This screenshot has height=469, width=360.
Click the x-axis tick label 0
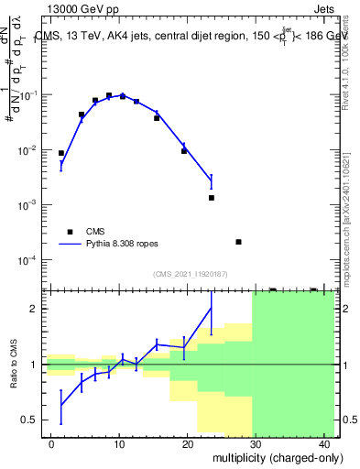click(x=51, y=444)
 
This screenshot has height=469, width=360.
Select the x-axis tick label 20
click(x=188, y=444)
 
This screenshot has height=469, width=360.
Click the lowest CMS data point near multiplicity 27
click(x=238, y=242)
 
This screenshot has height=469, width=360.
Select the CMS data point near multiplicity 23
click(x=211, y=198)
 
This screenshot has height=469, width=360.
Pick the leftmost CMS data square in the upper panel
click(x=61, y=153)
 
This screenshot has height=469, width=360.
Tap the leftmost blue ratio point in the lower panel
click(x=61, y=404)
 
